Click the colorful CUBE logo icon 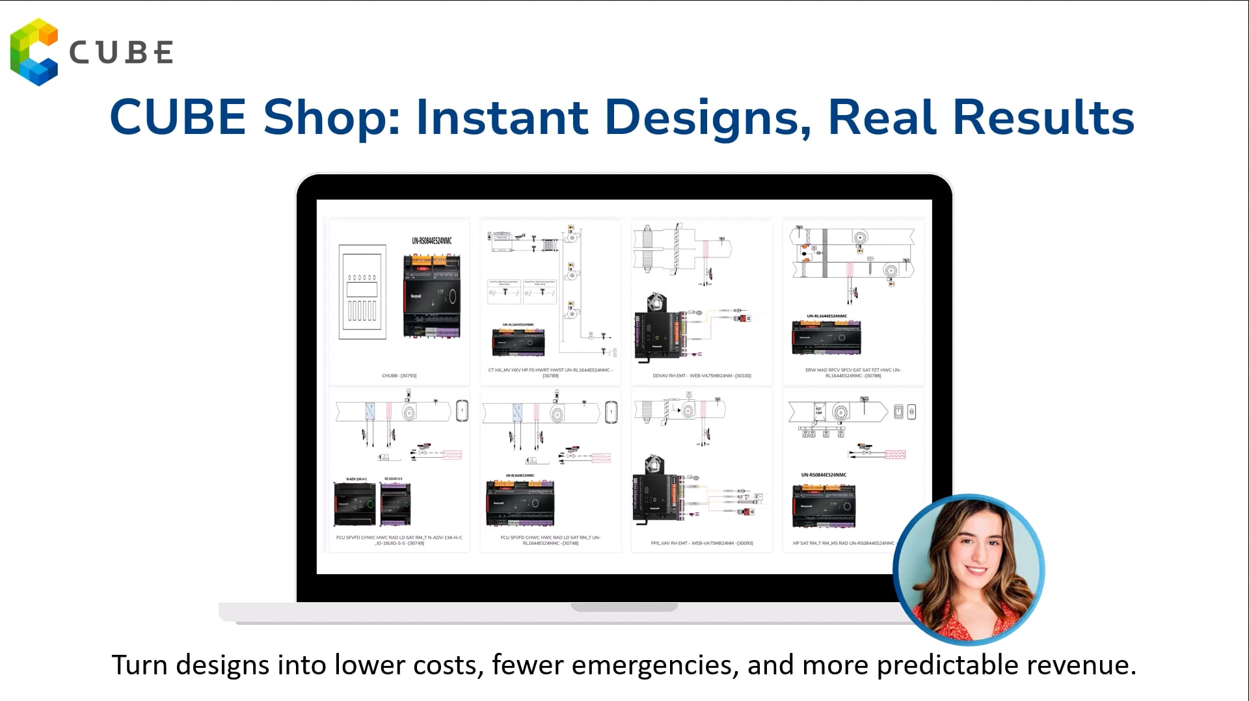[34, 52]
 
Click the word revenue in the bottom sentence [1080, 665]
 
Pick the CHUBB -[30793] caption [399, 376]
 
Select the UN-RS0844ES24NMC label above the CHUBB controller [431, 241]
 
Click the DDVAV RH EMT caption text [702, 376]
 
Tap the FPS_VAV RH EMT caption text [702, 543]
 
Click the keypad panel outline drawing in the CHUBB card [362, 292]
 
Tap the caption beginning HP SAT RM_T [843, 543]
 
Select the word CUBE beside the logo [121, 53]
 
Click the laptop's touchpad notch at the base [624, 607]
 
